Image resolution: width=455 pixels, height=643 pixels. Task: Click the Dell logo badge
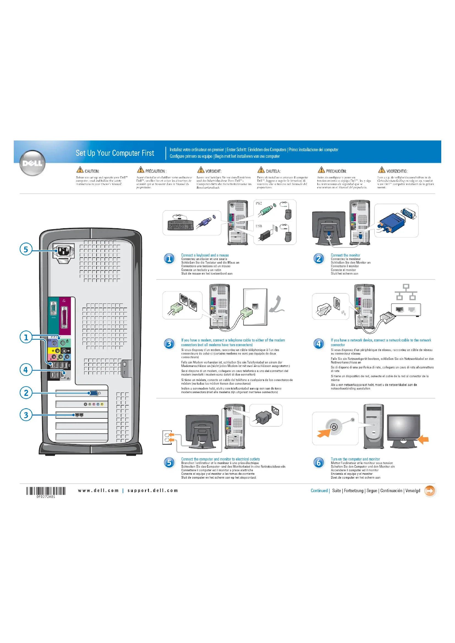point(32,163)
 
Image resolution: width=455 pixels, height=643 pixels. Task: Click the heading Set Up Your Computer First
point(115,153)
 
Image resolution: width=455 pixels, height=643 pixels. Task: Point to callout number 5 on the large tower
point(26,249)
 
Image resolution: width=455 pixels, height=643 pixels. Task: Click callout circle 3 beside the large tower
point(26,415)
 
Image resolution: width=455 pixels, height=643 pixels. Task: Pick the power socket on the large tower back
point(64,251)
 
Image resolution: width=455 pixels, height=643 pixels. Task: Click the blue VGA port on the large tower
point(94,393)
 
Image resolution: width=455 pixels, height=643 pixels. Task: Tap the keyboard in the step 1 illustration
point(180,224)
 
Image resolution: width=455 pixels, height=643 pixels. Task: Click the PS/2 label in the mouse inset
point(259,203)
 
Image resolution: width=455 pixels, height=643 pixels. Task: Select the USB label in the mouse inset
point(259,226)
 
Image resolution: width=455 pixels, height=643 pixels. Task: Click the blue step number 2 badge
point(319,258)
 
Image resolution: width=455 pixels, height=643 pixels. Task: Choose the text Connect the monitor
point(345,255)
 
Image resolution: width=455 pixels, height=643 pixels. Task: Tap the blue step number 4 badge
point(319,343)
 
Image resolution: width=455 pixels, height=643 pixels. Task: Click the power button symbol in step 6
point(334,427)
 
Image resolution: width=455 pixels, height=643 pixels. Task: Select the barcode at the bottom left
point(46,491)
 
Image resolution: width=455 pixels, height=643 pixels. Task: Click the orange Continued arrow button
point(429,491)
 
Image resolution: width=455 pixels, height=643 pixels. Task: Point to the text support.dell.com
point(153,491)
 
